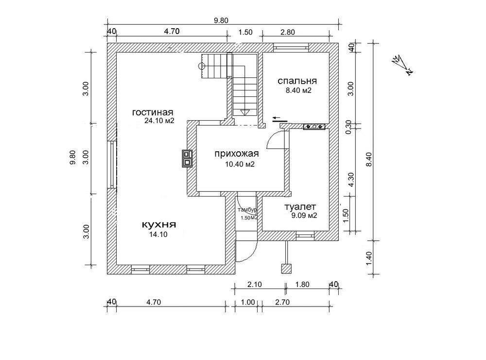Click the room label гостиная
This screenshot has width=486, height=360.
click(153, 112)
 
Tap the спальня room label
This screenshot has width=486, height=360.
click(297, 81)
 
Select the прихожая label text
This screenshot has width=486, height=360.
click(237, 154)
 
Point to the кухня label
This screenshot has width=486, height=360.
click(159, 224)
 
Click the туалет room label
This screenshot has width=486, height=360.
click(300, 206)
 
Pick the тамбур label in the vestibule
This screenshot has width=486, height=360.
click(247, 210)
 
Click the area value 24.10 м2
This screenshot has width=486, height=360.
click(159, 121)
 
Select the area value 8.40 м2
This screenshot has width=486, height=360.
click(298, 90)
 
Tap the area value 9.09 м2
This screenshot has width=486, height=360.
click(304, 216)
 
